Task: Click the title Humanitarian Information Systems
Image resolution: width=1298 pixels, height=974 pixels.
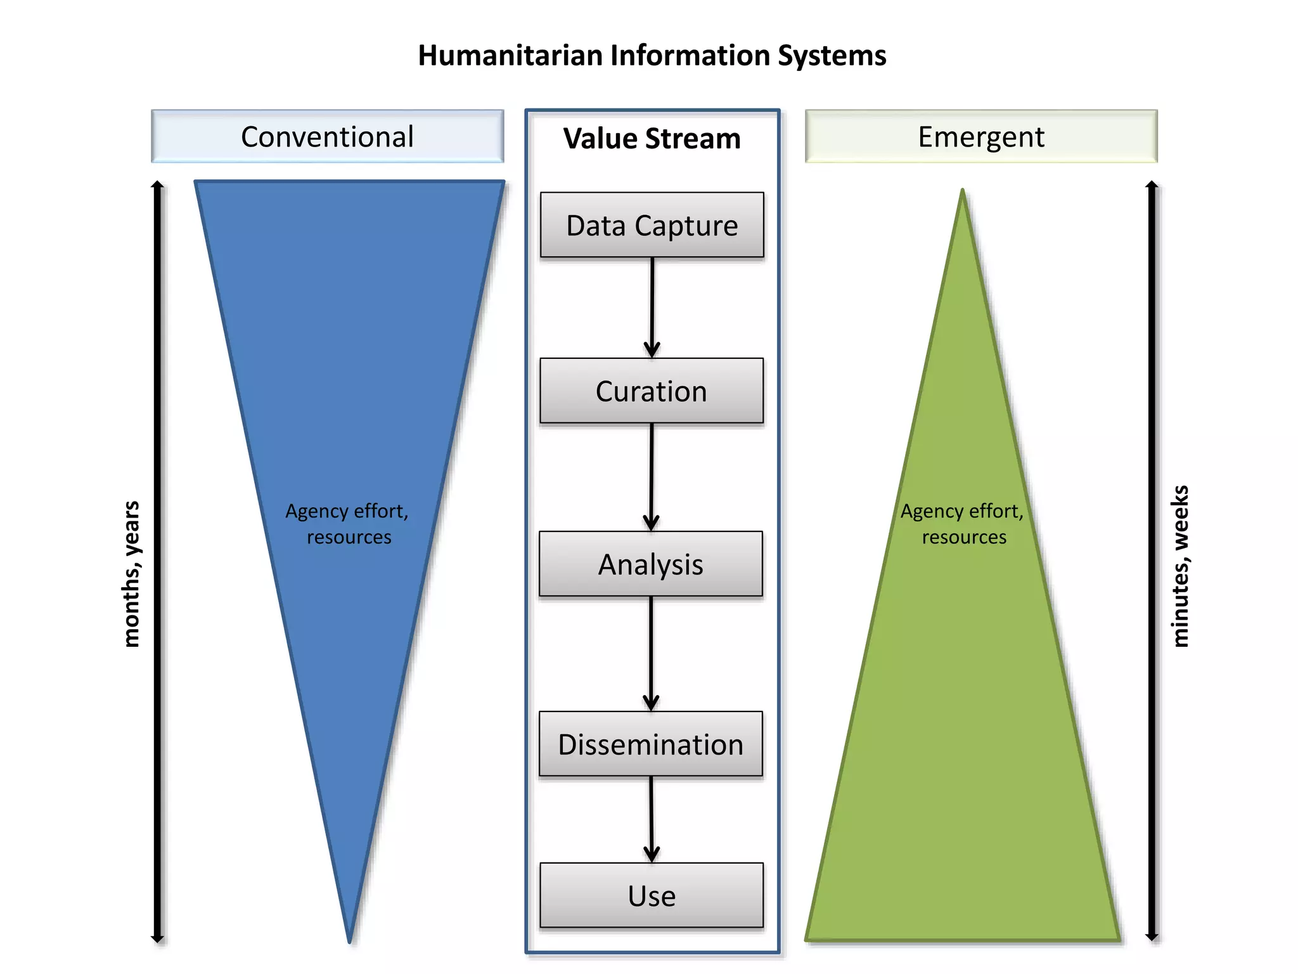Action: pyautogui.click(x=652, y=56)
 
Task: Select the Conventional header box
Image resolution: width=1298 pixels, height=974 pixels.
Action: pyautogui.click(x=327, y=137)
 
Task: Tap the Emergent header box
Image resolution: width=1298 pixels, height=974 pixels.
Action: pyautogui.click(x=981, y=137)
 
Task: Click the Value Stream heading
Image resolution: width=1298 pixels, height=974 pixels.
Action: pyautogui.click(x=652, y=139)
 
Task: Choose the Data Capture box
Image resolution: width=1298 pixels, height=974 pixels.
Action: pyautogui.click(x=652, y=225)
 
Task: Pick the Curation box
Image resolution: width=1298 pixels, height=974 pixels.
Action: pyautogui.click(x=652, y=391)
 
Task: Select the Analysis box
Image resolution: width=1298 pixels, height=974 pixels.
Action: pyautogui.click(x=651, y=564)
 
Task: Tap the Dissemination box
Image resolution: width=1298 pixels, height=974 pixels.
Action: pyautogui.click(x=651, y=744)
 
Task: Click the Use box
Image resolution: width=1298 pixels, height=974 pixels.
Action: pyautogui.click(x=652, y=895)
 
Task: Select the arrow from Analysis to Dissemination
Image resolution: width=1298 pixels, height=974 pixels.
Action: pyautogui.click(x=651, y=653)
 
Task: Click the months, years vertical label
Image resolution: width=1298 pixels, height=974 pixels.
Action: pyautogui.click(x=131, y=574)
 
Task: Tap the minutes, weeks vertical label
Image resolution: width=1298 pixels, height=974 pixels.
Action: pyautogui.click(x=1180, y=566)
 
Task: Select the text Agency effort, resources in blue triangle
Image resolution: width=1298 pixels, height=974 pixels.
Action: pyautogui.click(x=347, y=524)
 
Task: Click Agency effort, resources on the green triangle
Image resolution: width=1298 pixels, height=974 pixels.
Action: pyautogui.click(x=963, y=524)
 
